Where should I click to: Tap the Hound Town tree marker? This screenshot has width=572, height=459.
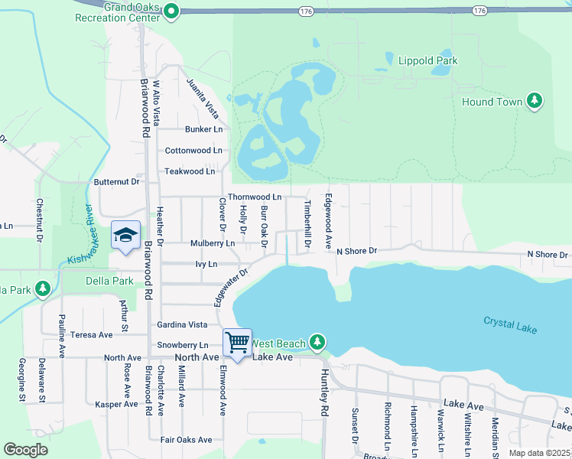click(x=535, y=102)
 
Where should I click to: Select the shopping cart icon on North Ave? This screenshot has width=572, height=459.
click(x=238, y=343)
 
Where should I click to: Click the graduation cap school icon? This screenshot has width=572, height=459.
click(x=125, y=235)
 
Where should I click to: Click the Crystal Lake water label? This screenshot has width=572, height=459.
click(x=510, y=324)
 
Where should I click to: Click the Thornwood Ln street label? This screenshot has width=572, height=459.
click(x=255, y=197)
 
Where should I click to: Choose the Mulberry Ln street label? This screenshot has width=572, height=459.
click(x=213, y=243)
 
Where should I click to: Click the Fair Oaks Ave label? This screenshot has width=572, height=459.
click(x=187, y=440)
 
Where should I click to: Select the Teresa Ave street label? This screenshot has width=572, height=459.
click(x=91, y=335)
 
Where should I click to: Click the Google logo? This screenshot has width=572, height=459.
click(x=26, y=450)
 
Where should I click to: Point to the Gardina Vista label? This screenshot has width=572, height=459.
click(x=182, y=325)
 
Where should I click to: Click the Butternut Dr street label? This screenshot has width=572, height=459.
click(x=116, y=182)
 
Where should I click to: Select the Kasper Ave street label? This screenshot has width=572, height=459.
click(x=115, y=404)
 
